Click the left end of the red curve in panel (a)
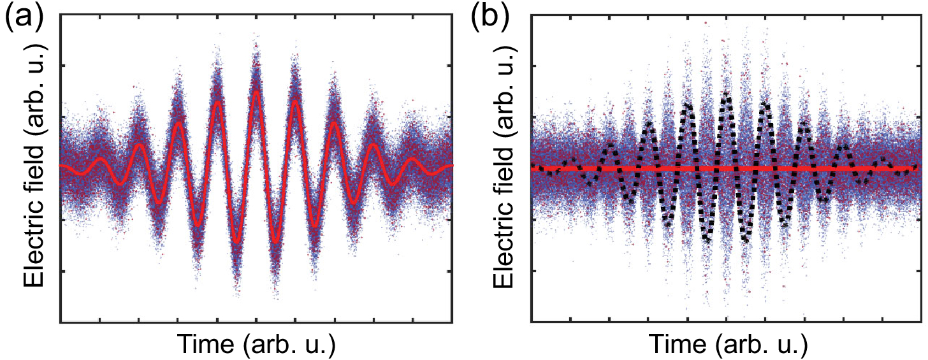pos(61,165)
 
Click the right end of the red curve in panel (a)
pos(452,165)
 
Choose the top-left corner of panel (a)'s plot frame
pos(60,13)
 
